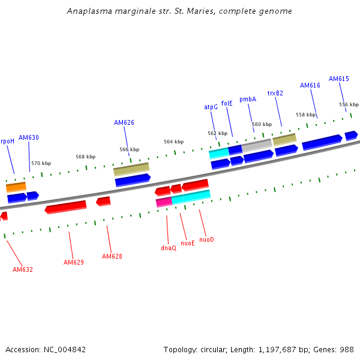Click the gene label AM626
(x=124, y=122)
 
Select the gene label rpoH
(x=7, y=141)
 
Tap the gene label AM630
(x=29, y=137)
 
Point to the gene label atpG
(x=211, y=107)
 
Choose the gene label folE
(x=227, y=103)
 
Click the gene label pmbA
(x=248, y=99)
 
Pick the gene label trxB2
(x=275, y=93)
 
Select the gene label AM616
(x=310, y=85)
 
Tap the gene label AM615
(x=339, y=79)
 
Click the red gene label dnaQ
(x=169, y=248)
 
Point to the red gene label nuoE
(x=188, y=243)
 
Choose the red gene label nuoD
(x=206, y=239)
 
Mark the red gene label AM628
(x=112, y=256)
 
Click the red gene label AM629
(x=74, y=262)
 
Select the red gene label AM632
(x=23, y=269)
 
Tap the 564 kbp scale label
(x=173, y=142)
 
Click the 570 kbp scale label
(x=41, y=163)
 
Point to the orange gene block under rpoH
(x=16, y=187)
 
